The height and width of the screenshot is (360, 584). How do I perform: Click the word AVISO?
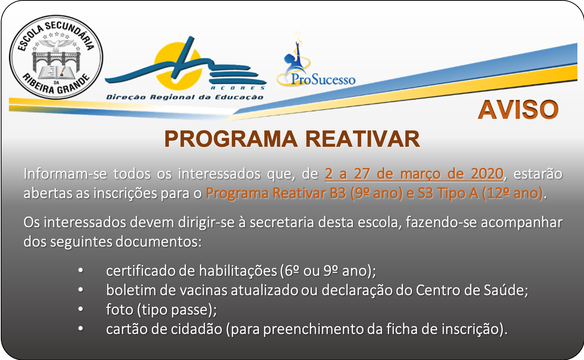(x=518, y=110)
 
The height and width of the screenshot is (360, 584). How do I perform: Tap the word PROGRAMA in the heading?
(x=231, y=139)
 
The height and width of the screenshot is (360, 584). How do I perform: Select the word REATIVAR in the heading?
(x=362, y=139)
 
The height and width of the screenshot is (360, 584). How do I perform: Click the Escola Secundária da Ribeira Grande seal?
(x=56, y=57)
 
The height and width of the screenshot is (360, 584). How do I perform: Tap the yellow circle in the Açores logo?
(x=177, y=66)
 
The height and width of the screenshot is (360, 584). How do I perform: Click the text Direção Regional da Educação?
(x=184, y=97)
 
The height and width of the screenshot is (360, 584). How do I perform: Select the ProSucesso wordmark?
(x=323, y=79)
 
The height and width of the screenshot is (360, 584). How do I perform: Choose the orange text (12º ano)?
(x=513, y=193)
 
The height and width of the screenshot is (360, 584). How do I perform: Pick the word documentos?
(x=158, y=242)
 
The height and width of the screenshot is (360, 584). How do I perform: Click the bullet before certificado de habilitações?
(x=80, y=270)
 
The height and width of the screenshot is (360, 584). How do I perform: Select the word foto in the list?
(x=120, y=310)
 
